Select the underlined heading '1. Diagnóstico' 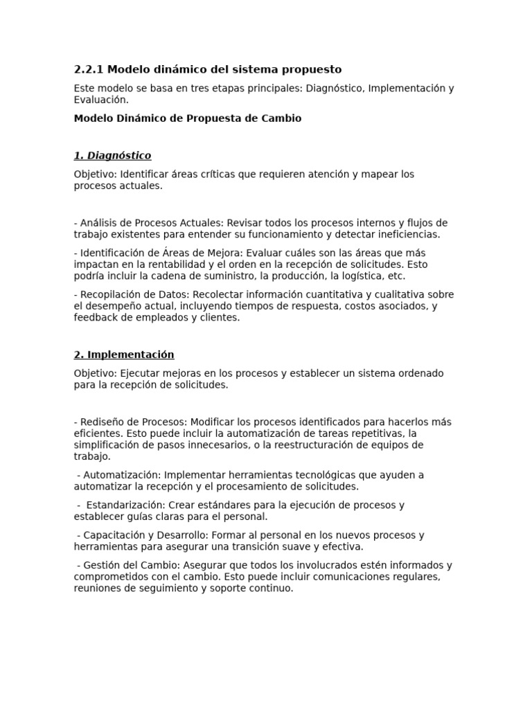click(x=112, y=156)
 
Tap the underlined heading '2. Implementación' click(x=124, y=354)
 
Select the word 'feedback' click(x=96, y=318)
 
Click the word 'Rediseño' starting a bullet click(x=102, y=422)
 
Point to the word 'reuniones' click(x=97, y=589)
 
